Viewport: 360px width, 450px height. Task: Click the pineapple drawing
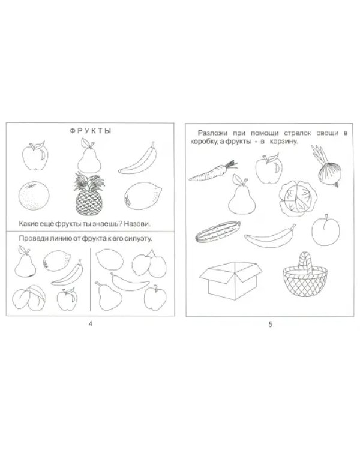[x=89, y=194]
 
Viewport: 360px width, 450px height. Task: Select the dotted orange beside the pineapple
[x=34, y=196]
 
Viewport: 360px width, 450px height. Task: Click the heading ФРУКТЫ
[x=90, y=131]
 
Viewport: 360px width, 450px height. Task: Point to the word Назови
[x=137, y=224]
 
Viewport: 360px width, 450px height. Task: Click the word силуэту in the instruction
[x=139, y=239]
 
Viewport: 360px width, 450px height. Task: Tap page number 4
[x=91, y=324]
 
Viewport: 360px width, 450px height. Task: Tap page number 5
[x=270, y=325]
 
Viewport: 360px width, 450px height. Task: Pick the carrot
[x=212, y=172]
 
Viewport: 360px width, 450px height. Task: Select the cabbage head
[x=298, y=199]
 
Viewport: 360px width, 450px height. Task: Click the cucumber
[x=218, y=232]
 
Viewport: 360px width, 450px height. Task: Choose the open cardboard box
[x=231, y=280]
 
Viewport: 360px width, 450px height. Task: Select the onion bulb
[x=330, y=173]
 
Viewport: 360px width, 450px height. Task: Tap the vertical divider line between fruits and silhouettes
[x=91, y=279]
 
